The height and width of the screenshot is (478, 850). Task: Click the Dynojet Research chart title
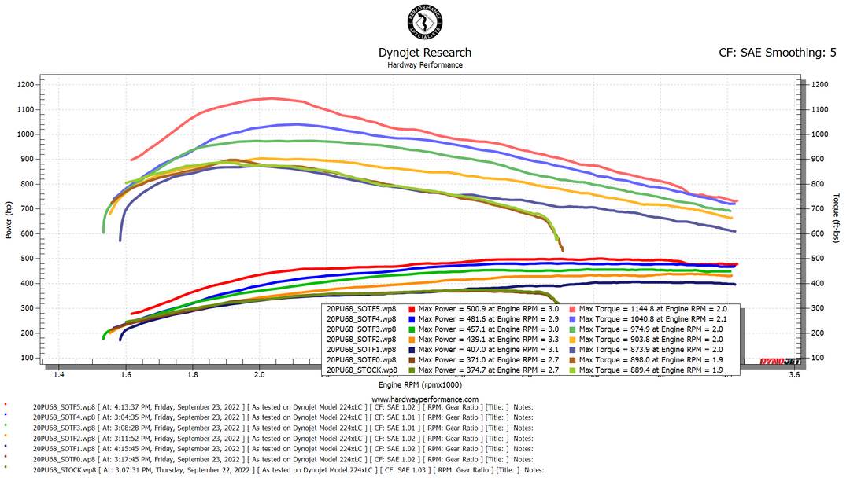pos(425,53)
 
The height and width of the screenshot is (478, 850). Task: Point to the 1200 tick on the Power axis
pos(25,84)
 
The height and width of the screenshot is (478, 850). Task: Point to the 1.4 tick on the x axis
pos(58,376)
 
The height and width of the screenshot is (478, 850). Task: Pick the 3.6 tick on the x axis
pos(793,376)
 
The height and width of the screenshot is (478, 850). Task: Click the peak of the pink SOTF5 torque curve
pos(272,98)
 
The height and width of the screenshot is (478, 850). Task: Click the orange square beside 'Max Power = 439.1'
pos(412,339)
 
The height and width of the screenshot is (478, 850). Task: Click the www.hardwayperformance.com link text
pos(425,399)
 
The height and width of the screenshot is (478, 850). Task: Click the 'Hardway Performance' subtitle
pos(425,64)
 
